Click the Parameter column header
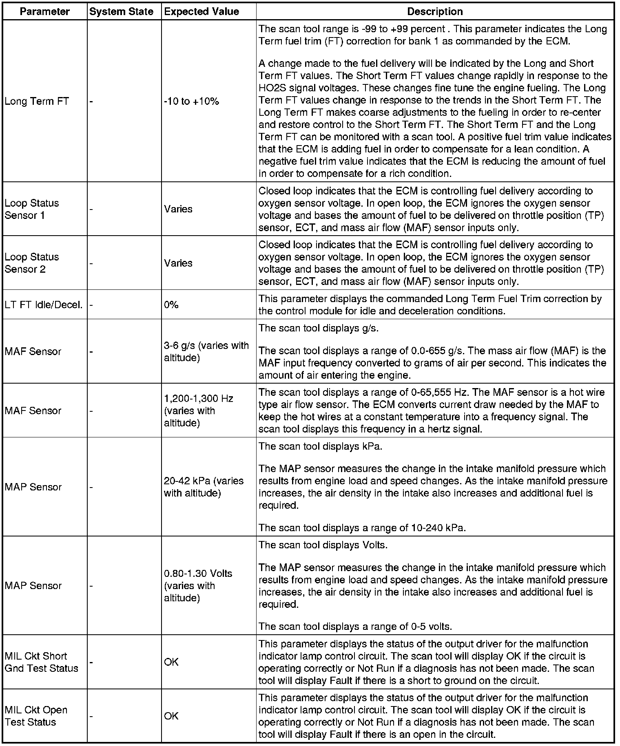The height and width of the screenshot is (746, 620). point(44,11)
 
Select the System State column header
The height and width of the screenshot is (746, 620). point(121,11)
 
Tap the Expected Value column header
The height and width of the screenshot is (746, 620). point(201,11)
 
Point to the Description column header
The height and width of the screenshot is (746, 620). point(435,11)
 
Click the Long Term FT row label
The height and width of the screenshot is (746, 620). point(37,101)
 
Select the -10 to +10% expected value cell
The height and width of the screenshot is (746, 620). point(191,101)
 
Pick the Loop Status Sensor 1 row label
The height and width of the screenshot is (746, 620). point(32,209)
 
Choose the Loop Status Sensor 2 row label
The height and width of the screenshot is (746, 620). point(32,263)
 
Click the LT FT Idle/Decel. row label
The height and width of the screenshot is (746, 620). point(44,305)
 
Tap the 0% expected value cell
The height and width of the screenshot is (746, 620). point(171,305)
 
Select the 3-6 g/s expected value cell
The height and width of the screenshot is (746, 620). point(206,351)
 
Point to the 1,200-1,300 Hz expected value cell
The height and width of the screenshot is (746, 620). point(198,411)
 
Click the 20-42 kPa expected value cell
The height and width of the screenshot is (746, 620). point(204,487)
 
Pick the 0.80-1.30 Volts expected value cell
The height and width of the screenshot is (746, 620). point(198,585)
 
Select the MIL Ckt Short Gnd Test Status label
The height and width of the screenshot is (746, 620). point(41,662)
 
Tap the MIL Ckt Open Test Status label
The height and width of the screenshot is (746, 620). point(36,716)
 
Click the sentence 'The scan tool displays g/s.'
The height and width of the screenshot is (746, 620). point(319,328)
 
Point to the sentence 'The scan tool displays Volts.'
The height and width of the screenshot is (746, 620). point(323,545)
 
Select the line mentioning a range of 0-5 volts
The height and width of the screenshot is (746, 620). point(355,626)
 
